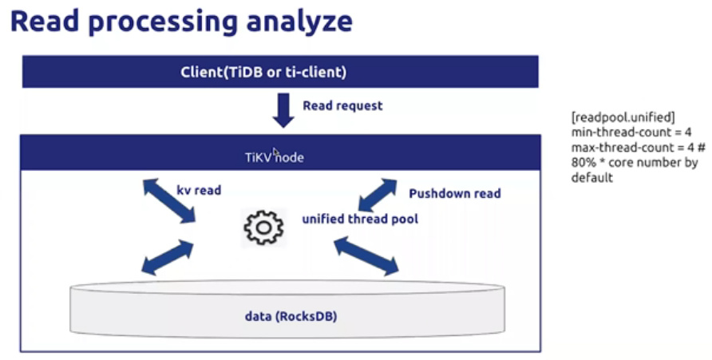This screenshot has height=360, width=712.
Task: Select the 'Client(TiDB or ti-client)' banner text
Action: pyautogui.click(x=280, y=73)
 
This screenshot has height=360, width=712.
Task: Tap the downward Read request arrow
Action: pyautogui.click(x=283, y=109)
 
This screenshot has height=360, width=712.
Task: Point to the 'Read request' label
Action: pyautogui.click(x=342, y=105)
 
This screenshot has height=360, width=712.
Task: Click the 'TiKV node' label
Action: pyautogui.click(x=274, y=157)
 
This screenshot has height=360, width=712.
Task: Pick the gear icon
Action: pyautogui.click(x=263, y=227)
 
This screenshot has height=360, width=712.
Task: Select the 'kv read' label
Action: pyautogui.click(x=199, y=192)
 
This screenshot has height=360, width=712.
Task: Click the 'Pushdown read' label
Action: pyautogui.click(x=455, y=193)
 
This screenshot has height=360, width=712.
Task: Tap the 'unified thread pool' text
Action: pyautogui.click(x=359, y=220)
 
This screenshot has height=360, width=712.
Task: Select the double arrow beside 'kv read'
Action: pyautogui.click(x=170, y=201)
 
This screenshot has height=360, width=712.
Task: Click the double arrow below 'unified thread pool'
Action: pyautogui.click(x=366, y=256)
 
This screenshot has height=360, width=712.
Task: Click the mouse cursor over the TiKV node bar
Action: pyautogui.click(x=275, y=152)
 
